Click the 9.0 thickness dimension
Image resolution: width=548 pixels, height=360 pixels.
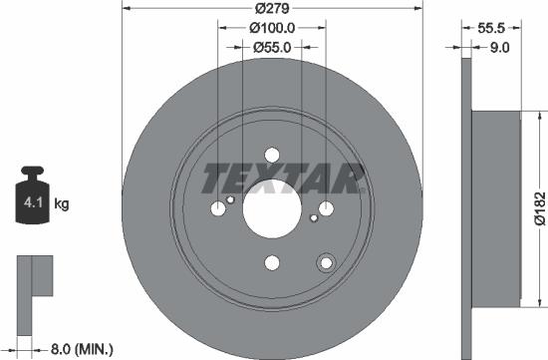(x=501, y=46)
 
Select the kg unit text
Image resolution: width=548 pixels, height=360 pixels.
(x=61, y=205)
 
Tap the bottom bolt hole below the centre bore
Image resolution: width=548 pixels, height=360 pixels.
(x=272, y=263)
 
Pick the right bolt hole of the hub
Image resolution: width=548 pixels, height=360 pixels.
(x=325, y=209)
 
